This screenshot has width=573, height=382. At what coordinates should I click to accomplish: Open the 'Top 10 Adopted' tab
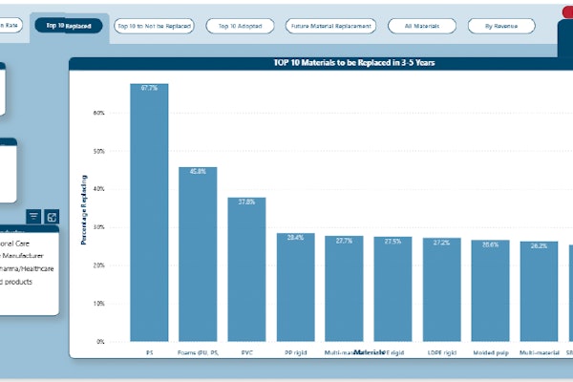pos(239,26)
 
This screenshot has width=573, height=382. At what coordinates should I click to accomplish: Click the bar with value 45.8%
pos(198,254)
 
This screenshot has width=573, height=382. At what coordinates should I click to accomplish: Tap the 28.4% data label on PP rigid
pos(295,238)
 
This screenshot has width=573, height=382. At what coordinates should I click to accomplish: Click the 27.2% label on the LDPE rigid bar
pos(441,243)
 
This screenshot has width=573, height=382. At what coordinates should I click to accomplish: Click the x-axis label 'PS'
pos(149,352)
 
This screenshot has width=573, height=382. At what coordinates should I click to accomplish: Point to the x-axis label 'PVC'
pos(246,352)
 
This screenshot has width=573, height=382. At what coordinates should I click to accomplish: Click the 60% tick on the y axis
pos(98,113)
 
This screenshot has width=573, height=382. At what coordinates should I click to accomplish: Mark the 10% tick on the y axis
pos(98,303)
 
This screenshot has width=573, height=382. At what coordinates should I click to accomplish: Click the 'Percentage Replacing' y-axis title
pos(84,209)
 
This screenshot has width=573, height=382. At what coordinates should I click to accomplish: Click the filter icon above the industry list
pos(33,217)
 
